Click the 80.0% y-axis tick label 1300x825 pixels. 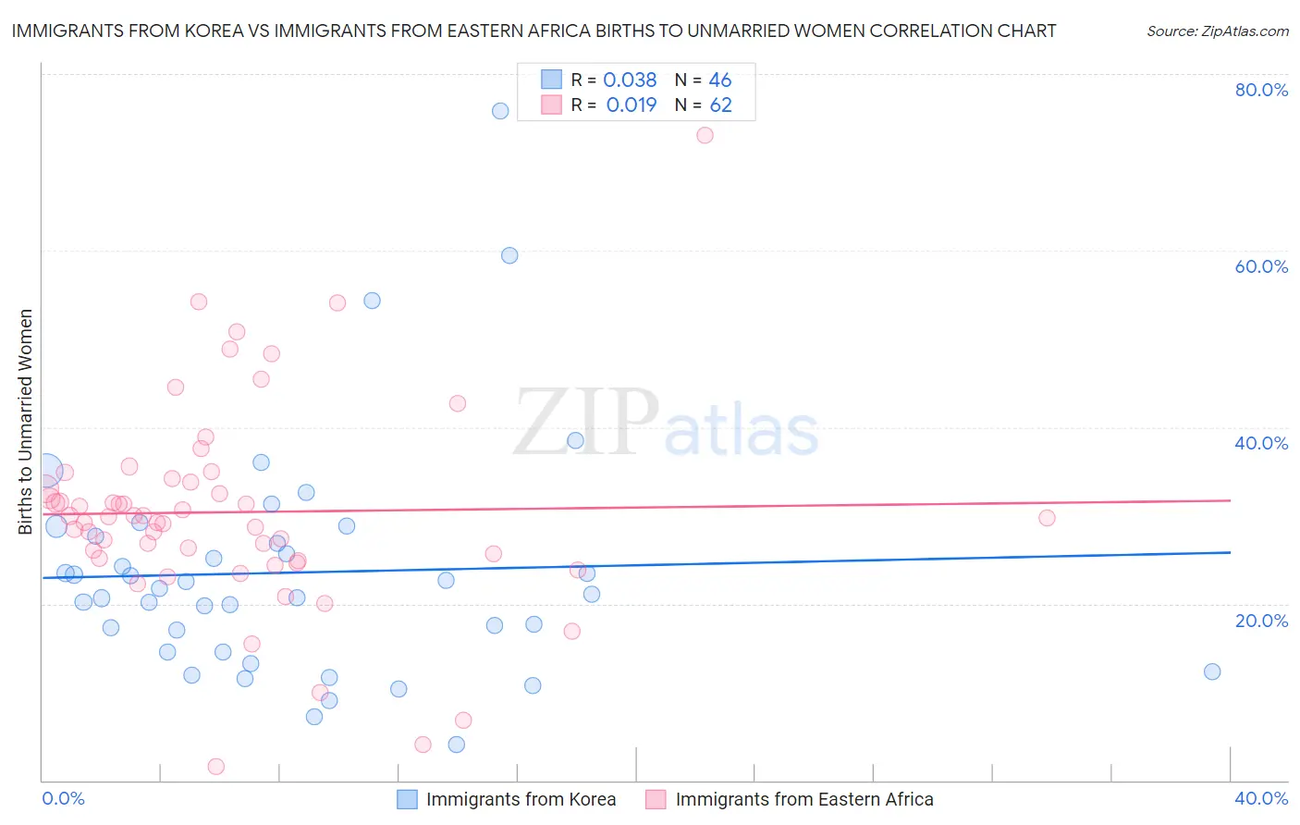pyautogui.click(x=1261, y=90)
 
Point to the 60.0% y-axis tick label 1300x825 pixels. pyautogui.click(x=1261, y=266)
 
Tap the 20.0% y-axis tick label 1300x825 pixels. pyautogui.click(x=1261, y=621)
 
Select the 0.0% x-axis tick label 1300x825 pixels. pyautogui.click(x=64, y=798)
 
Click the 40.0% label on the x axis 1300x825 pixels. pyautogui.click(x=1261, y=798)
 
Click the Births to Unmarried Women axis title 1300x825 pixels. pyautogui.click(x=25, y=422)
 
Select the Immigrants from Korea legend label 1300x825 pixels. pyautogui.click(x=521, y=799)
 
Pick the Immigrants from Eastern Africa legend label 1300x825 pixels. pyautogui.click(x=804, y=799)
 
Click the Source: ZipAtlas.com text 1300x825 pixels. pyautogui.click(x=1217, y=31)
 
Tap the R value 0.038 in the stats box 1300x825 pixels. pyautogui.click(x=630, y=80)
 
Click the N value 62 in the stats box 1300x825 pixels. pyautogui.click(x=721, y=105)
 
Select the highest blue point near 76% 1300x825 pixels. pyautogui.click(x=500, y=111)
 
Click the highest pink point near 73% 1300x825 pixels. pyautogui.click(x=705, y=135)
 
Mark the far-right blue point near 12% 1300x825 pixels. pyautogui.click(x=1212, y=671)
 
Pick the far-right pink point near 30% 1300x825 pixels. pyautogui.click(x=1047, y=518)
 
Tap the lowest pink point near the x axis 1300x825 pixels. pyautogui.click(x=216, y=766)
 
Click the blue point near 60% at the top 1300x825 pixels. pyautogui.click(x=509, y=255)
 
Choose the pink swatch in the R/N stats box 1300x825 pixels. pyautogui.click(x=552, y=105)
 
